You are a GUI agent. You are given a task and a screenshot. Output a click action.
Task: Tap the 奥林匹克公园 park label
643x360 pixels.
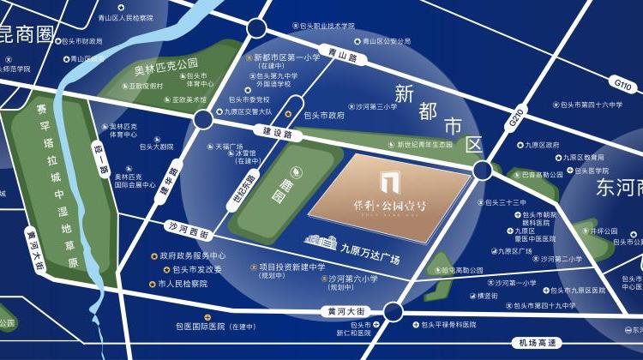click(x=166, y=63)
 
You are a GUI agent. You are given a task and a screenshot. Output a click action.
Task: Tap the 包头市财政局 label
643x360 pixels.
click(x=83, y=40)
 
